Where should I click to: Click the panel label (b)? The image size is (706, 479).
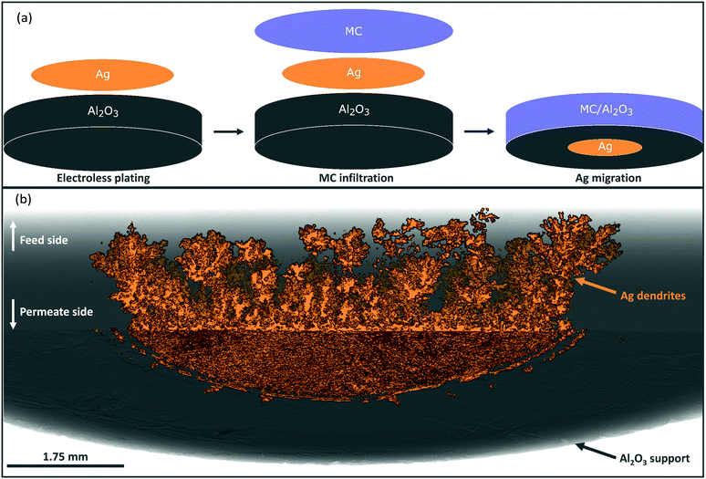[x=16, y=197]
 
